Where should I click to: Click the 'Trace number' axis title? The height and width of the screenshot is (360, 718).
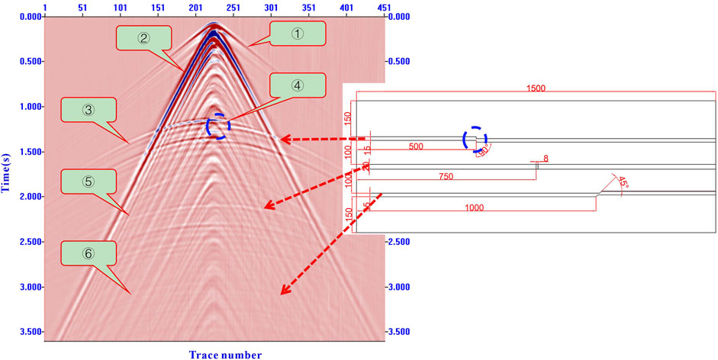226,355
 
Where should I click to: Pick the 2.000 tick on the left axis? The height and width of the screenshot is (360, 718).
29,197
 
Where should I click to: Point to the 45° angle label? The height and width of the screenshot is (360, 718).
623,183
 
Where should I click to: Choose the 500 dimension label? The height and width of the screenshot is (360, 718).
415,146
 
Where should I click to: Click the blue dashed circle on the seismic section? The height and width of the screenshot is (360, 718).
217,126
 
